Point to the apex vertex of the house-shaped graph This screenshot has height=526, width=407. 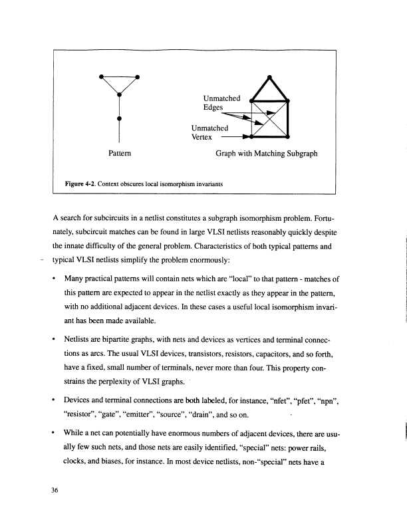pyautogui.click(x=269, y=77)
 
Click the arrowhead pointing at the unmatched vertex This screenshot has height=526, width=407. pyautogui.click(x=248, y=138)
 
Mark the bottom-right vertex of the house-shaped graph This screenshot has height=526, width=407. pyautogui.click(x=287, y=138)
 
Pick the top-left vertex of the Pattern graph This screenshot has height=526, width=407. pyautogui.click(x=100, y=76)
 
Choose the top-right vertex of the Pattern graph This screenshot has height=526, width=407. pyautogui.click(x=138, y=76)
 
